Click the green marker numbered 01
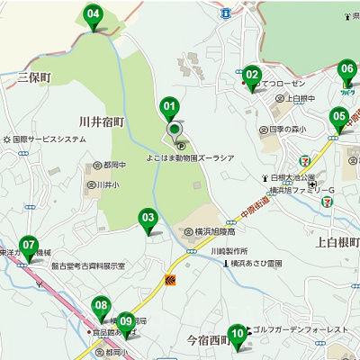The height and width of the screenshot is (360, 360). [169, 109]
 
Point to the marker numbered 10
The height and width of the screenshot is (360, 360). [237, 335]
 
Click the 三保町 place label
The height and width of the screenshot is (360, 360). [35, 78]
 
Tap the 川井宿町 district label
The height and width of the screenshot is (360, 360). [101, 121]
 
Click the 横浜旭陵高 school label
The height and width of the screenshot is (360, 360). [216, 230]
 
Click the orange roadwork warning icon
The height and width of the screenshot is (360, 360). [169, 281]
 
